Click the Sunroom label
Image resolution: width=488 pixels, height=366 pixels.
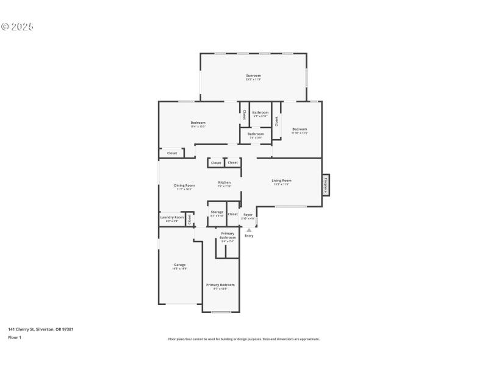(253, 76)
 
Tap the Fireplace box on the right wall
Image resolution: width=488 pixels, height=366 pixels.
(326, 185)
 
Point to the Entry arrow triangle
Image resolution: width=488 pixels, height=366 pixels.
(249, 230)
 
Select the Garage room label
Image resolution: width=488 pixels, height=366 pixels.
(179, 265)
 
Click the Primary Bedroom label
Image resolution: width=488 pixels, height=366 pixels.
(220, 285)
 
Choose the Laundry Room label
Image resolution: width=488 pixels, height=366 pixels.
(172, 217)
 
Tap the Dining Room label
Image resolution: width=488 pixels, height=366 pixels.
(184, 185)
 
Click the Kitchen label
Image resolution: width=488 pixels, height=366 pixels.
(224, 182)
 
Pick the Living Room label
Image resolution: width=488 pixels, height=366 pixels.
(281, 180)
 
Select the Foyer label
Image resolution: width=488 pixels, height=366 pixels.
(248, 215)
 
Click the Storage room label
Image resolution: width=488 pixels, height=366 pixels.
(217, 212)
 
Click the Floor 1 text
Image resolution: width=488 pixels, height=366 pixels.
(15, 337)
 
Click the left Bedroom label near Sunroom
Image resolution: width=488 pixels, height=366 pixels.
(198, 123)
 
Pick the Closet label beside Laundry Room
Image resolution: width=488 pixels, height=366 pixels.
(190, 217)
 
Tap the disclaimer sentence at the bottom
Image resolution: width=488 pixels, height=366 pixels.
(243, 339)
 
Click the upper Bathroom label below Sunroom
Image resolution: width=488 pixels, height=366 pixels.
(260, 112)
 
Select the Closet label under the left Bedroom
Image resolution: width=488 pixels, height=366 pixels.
(172, 153)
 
